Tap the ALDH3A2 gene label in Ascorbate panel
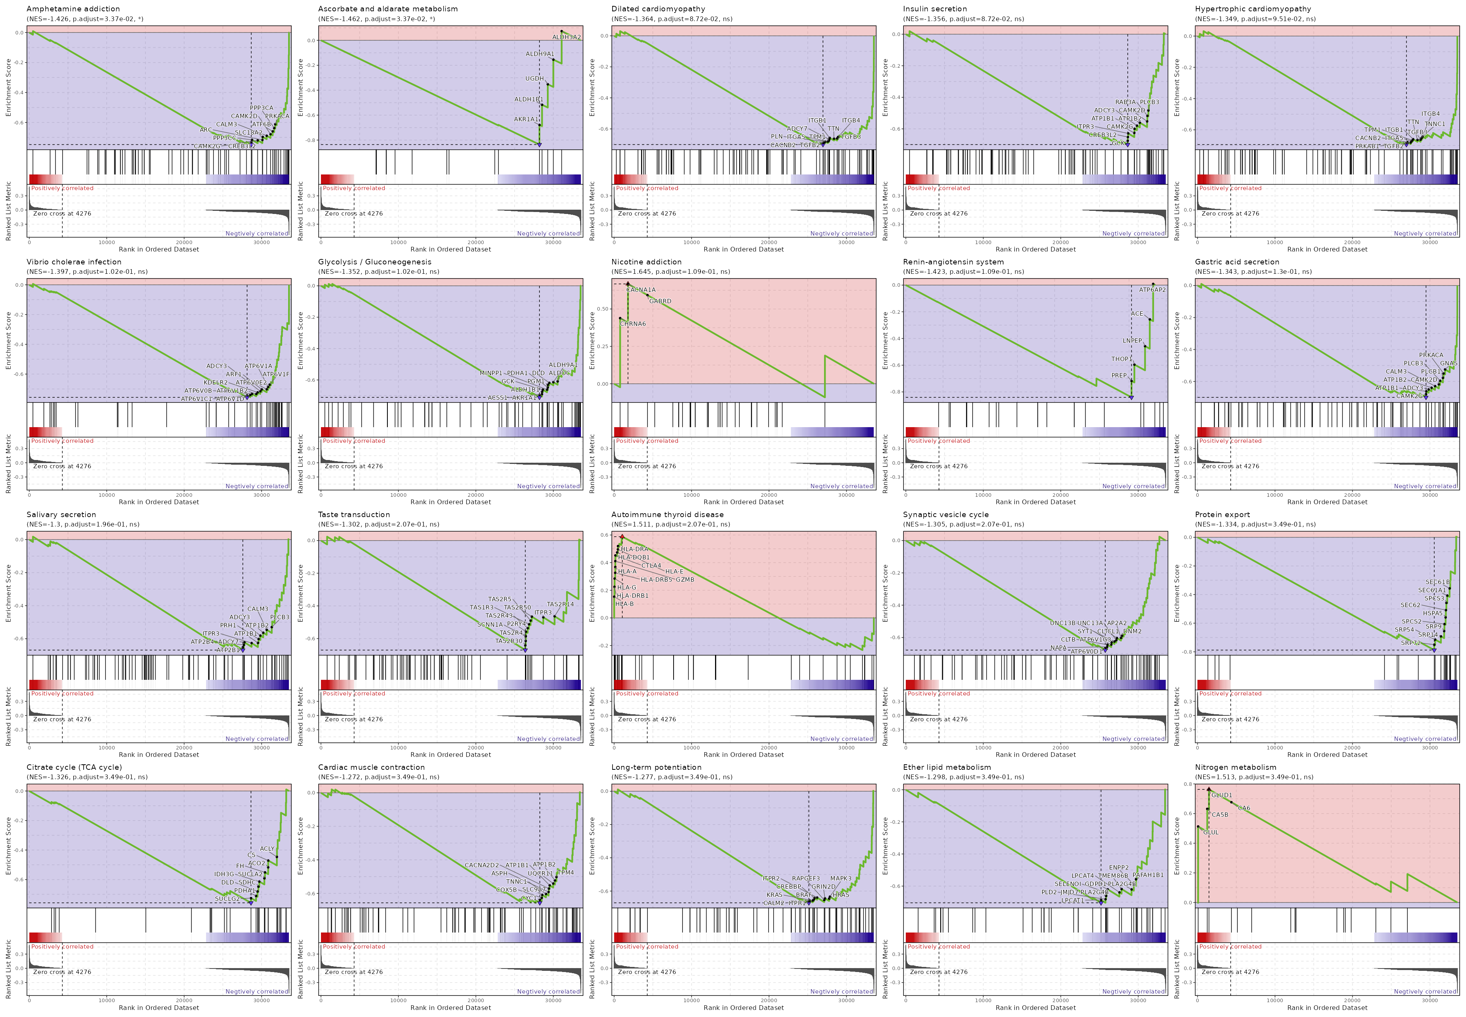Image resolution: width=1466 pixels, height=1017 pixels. (x=566, y=37)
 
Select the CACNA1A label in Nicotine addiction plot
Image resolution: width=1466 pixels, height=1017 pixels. (x=641, y=290)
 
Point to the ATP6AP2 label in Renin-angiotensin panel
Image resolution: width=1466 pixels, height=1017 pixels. (x=1152, y=290)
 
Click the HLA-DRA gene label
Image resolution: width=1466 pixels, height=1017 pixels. (x=634, y=549)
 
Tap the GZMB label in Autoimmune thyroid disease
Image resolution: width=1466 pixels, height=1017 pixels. (x=685, y=580)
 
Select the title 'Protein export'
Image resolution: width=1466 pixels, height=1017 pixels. (x=1222, y=515)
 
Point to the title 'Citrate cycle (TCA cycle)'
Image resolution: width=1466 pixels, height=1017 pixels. (x=74, y=767)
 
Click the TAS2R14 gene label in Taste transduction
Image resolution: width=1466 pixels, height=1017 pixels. (x=561, y=604)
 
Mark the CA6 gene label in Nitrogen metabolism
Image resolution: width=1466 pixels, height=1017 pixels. (x=1244, y=809)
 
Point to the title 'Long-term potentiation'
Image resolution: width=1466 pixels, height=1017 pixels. (x=656, y=767)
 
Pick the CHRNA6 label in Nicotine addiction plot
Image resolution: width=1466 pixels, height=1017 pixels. (x=633, y=324)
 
